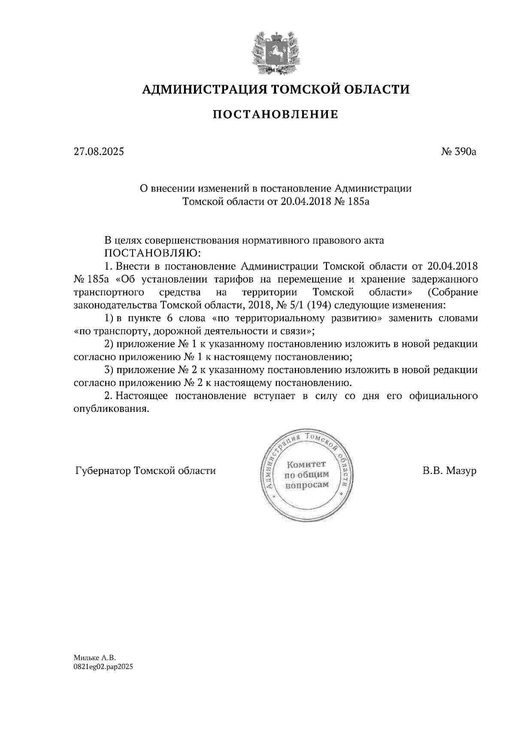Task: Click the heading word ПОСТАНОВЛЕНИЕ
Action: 276,114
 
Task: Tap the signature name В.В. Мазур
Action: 449,471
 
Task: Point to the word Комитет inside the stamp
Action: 306,465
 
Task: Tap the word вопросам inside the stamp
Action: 306,485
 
